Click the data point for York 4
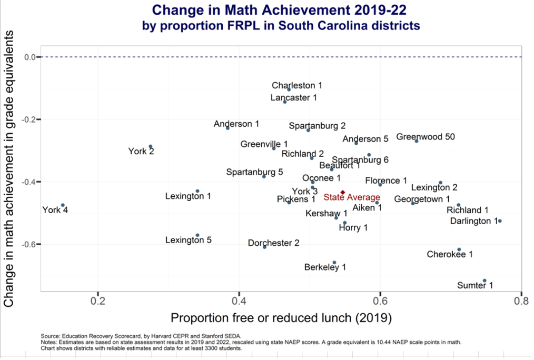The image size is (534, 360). click(x=63, y=205)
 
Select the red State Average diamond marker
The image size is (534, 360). click(x=343, y=193)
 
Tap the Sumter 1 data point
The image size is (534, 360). click(x=484, y=281)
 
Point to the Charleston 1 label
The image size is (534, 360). click(x=296, y=85)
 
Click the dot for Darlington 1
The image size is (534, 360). click(x=500, y=221)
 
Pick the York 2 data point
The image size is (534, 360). click(x=151, y=146)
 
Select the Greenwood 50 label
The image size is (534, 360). click(x=425, y=137)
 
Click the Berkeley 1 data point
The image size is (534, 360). click(x=334, y=262)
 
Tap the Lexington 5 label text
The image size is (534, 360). click(x=188, y=240)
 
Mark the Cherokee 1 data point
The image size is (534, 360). click(x=459, y=249)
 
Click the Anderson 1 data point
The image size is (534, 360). click(x=228, y=128)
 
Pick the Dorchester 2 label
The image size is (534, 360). click(x=273, y=243)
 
